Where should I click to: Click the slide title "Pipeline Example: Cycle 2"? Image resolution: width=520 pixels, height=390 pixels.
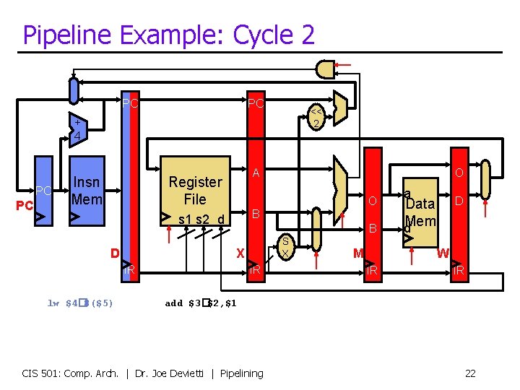click(168, 34)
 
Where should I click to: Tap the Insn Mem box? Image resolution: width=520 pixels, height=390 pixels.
click(87, 190)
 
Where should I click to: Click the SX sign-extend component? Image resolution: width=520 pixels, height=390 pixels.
click(286, 247)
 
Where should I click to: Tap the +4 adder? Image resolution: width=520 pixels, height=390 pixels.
click(76, 129)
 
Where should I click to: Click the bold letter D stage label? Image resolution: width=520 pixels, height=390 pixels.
click(115, 253)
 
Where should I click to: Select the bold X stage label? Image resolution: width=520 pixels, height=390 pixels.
click(240, 253)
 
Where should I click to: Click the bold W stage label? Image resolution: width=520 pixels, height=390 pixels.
click(443, 253)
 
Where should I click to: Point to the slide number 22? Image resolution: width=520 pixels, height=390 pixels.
click(470, 373)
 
